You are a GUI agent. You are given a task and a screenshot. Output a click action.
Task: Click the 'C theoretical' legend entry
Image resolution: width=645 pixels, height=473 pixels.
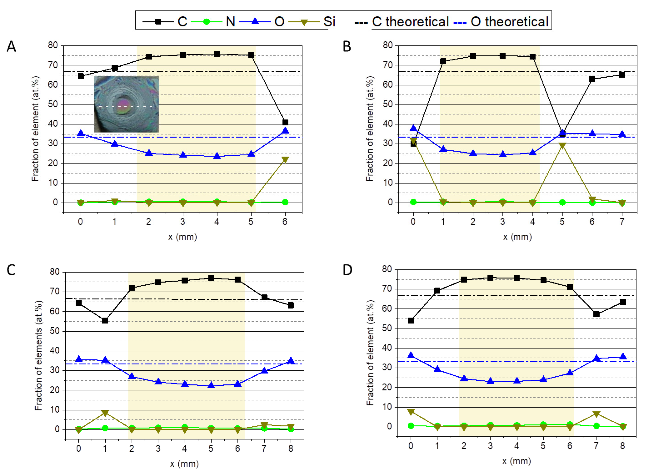pyautogui.click(x=402, y=22)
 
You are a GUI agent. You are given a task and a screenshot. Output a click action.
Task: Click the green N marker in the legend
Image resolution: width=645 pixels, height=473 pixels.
pyautogui.click(x=206, y=22)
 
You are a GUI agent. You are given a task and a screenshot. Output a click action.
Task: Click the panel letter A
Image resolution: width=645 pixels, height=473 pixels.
pyautogui.click(x=11, y=46)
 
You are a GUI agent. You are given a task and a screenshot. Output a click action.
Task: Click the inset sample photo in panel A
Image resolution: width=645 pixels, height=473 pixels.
pyautogui.click(x=126, y=104)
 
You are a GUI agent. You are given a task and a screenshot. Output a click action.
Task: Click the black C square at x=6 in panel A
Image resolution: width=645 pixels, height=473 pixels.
pyautogui.click(x=285, y=122)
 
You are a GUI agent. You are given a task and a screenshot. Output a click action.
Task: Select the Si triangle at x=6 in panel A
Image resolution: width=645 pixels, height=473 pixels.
pyautogui.click(x=285, y=160)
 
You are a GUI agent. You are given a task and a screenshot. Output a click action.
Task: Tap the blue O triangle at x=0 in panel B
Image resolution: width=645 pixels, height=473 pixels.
pyautogui.click(x=413, y=128)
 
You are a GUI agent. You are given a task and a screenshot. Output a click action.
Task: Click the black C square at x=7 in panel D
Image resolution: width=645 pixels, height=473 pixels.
pyautogui.click(x=596, y=314)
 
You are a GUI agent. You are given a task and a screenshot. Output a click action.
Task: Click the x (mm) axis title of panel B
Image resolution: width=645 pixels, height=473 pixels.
pyautogui.click(x=517, y=237)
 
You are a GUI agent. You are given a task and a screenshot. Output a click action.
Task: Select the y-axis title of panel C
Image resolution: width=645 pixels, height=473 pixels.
pyautogui.click(x=38, y=355)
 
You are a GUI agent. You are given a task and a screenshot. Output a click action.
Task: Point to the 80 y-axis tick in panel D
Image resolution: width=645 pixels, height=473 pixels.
pyautogui.click(x=387, y=269)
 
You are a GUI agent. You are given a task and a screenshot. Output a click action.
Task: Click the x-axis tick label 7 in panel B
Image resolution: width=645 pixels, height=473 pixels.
pyautogui.click(x=622, y=222)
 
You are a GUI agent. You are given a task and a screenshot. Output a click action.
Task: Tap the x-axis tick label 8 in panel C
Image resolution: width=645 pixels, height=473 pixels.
pyautogui.click(x=291, y=448)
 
